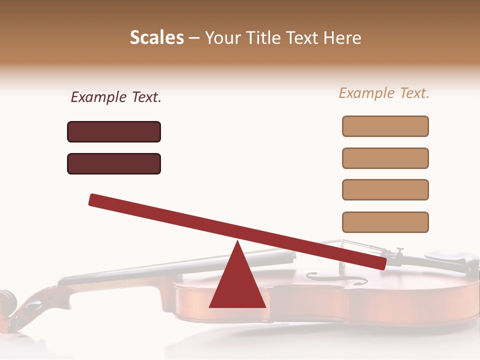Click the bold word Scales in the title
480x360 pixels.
(x=156, y=37)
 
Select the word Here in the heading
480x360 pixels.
(x=342, y=37)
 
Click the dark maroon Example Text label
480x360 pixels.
(x=116, y=97)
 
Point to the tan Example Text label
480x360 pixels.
(x=384, y=93)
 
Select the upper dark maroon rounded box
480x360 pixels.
(x=114, y=131)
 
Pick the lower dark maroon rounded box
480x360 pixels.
(x=114, y=163)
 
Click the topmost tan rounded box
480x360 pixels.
(x=385, y=126)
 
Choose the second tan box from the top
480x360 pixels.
(x=385, y=158)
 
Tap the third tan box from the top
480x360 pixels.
(x=385, y=189)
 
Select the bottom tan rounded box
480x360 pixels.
(x=385, y=222)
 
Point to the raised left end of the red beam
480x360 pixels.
(x=95, y=199)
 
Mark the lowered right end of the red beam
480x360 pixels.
(x=380, y=263)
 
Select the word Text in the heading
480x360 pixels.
(x=303, y=37)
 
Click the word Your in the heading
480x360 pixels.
(x=222, y=37)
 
